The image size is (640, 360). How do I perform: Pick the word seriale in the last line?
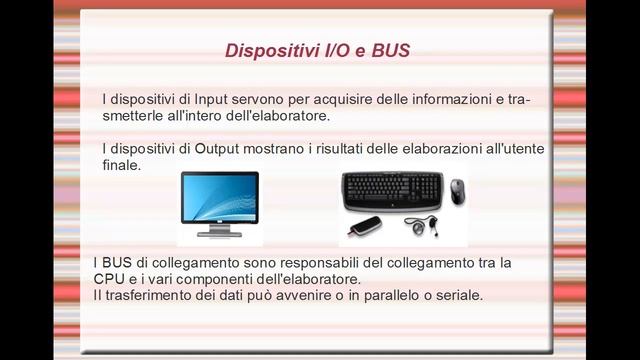457,296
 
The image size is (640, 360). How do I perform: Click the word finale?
121,166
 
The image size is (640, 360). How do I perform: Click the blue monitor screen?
219,197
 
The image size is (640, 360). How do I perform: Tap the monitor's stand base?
219,233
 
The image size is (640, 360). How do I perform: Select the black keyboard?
391,187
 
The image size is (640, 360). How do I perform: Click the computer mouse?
456,190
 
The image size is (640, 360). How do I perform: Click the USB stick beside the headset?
367,225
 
